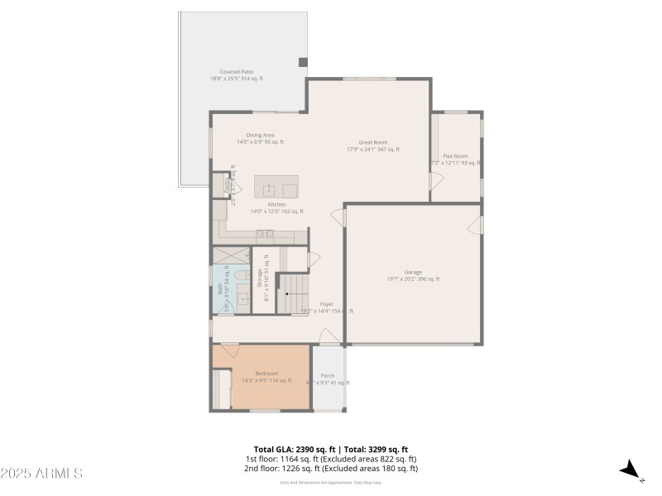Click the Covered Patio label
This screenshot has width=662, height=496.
coord(236,75)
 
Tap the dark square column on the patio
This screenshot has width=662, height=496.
coord(303,62)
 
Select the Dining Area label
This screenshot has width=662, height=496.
coord(260,138)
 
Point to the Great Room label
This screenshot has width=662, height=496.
coord(372,145)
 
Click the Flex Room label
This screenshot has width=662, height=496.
coord(455,160)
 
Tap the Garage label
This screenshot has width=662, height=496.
coord(413,275)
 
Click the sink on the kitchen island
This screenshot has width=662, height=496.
coord(269,188)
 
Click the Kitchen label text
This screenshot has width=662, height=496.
coord(276,205)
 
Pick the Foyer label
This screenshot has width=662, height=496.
coord(327,304)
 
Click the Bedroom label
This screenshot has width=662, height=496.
coord(266,374)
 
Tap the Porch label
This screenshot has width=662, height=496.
coord(328,376)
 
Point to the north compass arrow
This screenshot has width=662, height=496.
coord(631,470)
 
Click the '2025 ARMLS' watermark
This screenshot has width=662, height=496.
coord(41,474)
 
